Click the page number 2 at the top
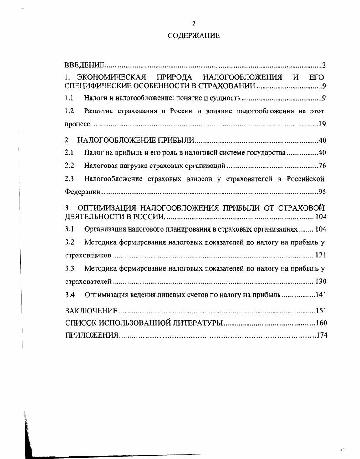[x=193, y=24]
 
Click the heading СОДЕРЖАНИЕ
[x=193, y=35]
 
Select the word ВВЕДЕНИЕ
[x=85, y=65]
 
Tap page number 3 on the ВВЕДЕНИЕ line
[x=324, y=65]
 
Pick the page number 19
[x=322, y=124]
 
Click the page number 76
[x=322, y=166]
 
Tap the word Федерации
[x=82, y=192]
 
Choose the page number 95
[x=322, y=192]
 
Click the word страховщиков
[x=88, y=255]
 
